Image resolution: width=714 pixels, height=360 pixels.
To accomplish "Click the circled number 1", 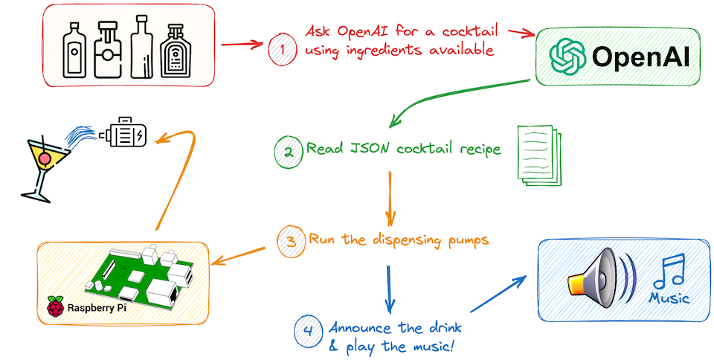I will [281, 47].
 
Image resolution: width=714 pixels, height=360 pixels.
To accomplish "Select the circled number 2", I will [286, 151].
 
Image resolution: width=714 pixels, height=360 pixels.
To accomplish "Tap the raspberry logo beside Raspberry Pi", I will [55, 307].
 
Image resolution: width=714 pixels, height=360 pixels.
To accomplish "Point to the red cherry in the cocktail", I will [45, 158].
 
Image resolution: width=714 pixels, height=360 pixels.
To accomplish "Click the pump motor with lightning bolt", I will [127, 134].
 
